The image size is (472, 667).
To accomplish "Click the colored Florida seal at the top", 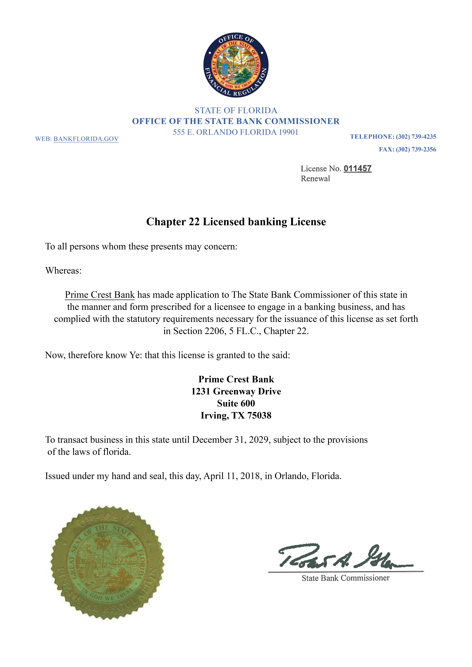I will click(236, 65).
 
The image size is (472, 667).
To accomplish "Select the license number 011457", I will click(357, 169).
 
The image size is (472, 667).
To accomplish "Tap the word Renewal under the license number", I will click(315, 179).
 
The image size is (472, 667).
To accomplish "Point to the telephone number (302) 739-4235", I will click(416, 137).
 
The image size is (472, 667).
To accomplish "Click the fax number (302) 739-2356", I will click(416, 149).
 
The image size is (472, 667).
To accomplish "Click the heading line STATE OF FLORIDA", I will click(236, 110).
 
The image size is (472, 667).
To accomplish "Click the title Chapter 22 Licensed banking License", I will click(236, 222).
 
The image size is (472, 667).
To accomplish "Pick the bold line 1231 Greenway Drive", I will click(236, 391).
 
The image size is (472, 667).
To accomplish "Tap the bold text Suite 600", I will click(236, 404).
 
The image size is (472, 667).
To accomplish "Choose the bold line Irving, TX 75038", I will click(236, 415).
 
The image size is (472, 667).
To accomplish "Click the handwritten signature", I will click(343, 556).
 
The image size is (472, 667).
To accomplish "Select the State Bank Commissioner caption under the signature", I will click(345, 578).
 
